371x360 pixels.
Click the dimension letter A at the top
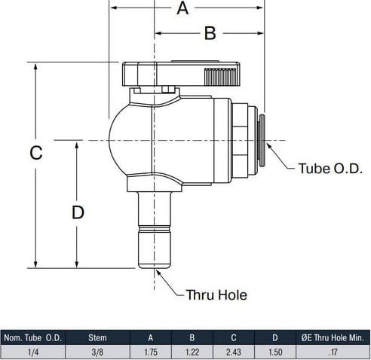182,8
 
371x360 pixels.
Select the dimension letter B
210,33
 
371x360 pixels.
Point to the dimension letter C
36,153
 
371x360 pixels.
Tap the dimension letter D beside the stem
78,212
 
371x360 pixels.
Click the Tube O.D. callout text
330,168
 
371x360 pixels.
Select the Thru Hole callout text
216,294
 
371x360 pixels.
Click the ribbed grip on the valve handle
222,77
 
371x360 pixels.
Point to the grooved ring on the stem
155,229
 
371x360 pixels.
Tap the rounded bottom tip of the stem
155,266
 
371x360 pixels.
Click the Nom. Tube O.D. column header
33,338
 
